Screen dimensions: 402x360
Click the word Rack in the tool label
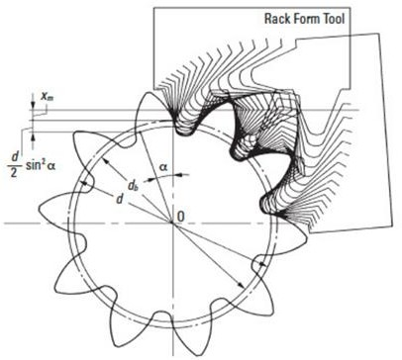[x=276, y=19]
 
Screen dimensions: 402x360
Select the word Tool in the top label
[x=333, y=19]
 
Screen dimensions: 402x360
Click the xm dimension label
[x=47, y=97]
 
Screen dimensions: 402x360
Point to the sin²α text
[x=42, y=165]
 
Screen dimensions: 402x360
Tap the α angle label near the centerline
[x=163, y=167]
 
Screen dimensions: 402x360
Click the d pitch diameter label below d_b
[x=120, y=199]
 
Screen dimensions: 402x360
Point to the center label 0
[x=180, y=217]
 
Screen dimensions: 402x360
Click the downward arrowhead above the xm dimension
[x=33, y=105]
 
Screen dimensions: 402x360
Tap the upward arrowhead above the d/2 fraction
[x=33, y=136]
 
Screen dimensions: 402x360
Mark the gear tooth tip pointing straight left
[x=41, y=209]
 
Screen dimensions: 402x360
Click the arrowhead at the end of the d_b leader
[x=106, y=161]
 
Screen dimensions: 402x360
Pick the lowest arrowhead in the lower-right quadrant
[x=241, y=285]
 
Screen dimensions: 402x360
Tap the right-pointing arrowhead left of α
[x=152, y=180]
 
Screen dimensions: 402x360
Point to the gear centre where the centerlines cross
[x=172, y=223]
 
